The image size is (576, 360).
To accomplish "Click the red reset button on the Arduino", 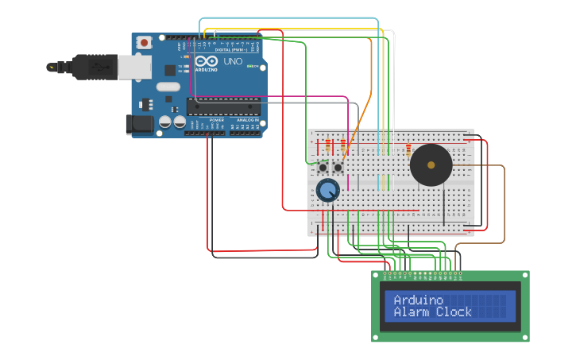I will click(144, 42).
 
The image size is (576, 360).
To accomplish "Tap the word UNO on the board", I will click(233, 62).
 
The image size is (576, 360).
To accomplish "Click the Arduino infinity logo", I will click(206, 61).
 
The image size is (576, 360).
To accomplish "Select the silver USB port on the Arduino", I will click(134, 67).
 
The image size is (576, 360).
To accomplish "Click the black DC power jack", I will click(139, 123).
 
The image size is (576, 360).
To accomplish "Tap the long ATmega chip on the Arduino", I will click(223, 106).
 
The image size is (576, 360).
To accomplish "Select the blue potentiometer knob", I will click(327, 190).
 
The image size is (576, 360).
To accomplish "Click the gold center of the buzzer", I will click(431, 165).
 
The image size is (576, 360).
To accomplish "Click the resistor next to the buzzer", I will click(408, 151).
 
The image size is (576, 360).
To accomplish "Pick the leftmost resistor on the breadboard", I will click(327, 146).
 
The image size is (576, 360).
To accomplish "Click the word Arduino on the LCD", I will click(419, 300).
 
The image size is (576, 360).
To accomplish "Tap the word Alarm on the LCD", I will click(412, 312).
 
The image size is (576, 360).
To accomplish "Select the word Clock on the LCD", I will click(454, 312).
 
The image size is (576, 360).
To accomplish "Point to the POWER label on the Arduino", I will click(216, 120).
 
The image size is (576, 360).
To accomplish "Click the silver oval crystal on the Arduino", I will click(168, 86).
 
